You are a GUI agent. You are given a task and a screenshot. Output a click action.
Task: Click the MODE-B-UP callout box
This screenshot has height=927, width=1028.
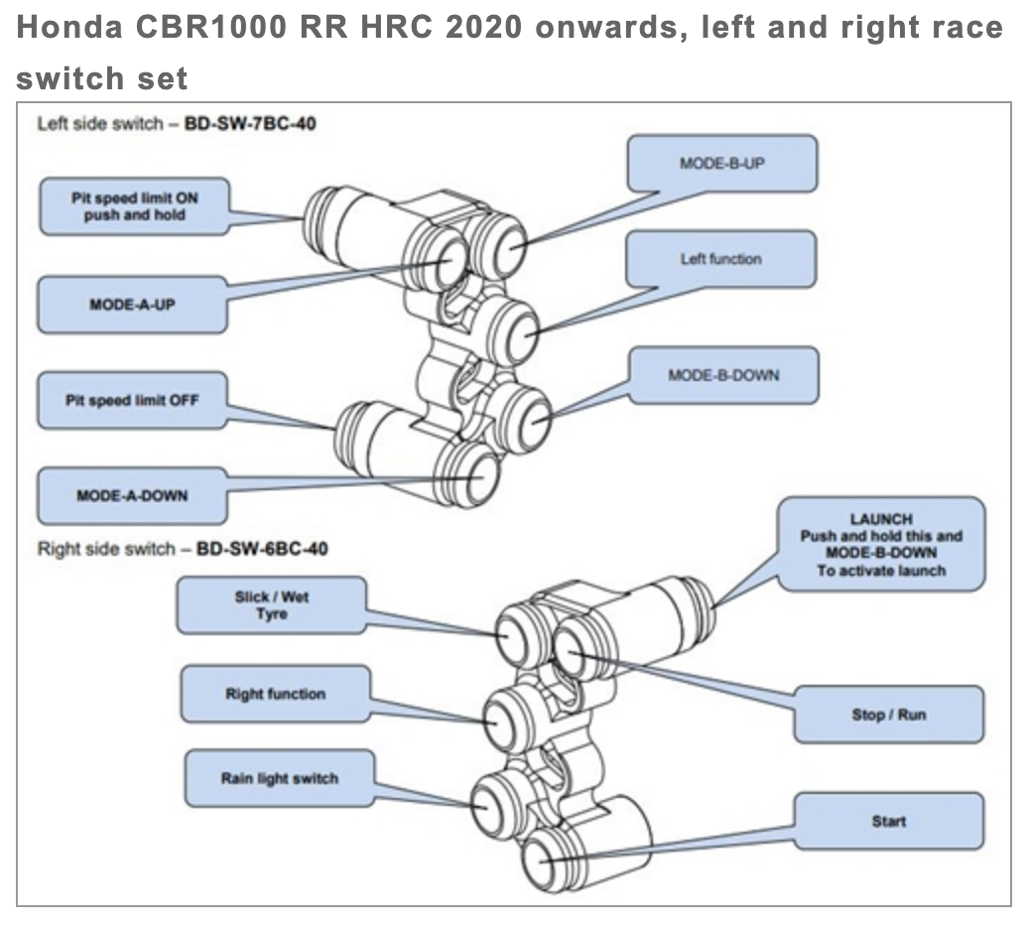(722, 164)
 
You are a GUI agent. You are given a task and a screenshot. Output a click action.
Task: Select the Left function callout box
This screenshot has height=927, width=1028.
(720, 259)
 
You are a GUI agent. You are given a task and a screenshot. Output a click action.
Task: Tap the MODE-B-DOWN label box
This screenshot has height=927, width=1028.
(723, 375)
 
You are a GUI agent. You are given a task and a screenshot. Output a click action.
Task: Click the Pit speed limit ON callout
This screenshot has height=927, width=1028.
(134, 206)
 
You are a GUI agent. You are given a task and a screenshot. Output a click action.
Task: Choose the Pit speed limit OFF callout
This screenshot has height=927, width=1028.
(132, 400)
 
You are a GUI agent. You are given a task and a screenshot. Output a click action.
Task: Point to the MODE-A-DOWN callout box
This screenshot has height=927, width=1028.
(127, 494)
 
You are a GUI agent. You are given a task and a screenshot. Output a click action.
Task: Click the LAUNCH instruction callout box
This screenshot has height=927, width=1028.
(881, 545)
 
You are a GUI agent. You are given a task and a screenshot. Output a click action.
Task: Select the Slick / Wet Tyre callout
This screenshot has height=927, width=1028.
(271, 606)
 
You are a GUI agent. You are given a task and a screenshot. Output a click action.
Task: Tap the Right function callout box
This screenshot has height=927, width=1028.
(275, 694)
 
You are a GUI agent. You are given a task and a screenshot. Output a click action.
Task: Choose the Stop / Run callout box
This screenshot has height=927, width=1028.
(888, 715)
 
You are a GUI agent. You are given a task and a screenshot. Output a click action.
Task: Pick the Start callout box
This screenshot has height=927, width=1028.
(888, 821)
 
